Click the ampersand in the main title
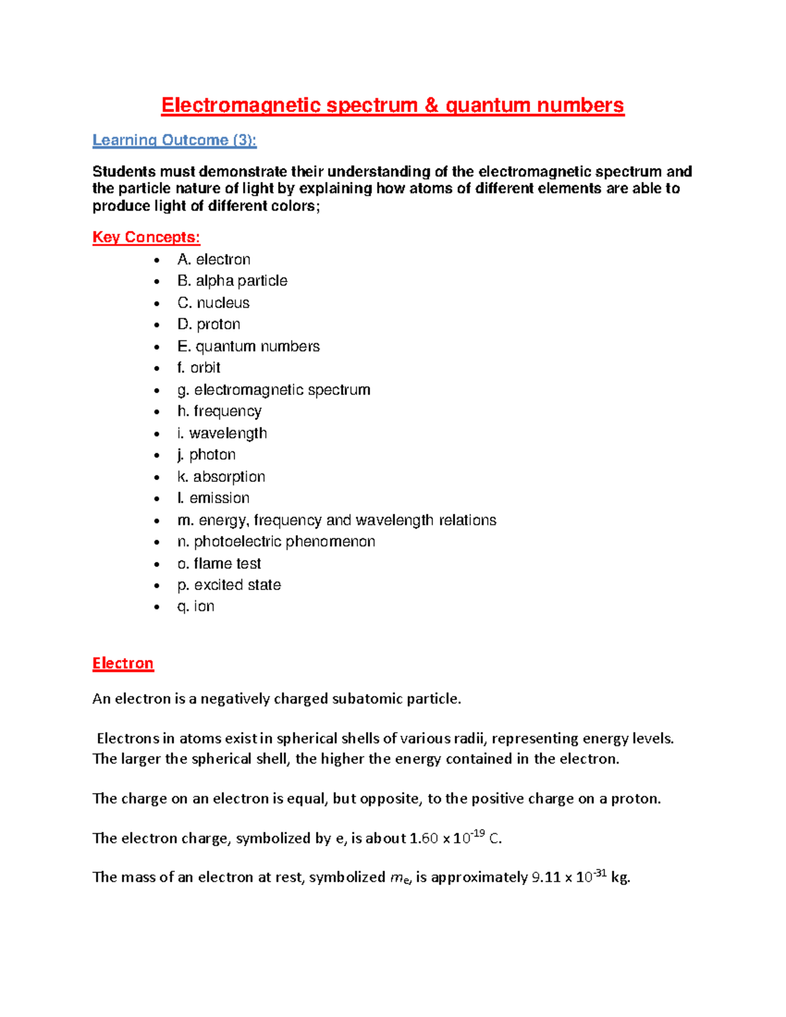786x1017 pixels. coord(431,105)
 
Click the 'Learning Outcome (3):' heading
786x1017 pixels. coord(174,140)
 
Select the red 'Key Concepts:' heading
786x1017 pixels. coord(146,237)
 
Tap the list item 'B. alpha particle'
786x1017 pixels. coord(232,281)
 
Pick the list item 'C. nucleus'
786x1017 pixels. coord(213,303)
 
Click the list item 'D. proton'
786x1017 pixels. coord(208,324)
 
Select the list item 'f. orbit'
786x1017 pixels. coord(198,368)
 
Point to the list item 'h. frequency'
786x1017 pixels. coord(219,411)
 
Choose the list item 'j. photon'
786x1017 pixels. coord(206,454)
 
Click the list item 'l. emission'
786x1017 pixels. coord(213,498)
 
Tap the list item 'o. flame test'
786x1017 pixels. coord(219,564)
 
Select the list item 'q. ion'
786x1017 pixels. coord(195,606)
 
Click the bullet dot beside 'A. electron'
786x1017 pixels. coord(157,260)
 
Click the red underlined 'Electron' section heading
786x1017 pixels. coord(122,663)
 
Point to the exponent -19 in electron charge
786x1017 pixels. coord(478,833)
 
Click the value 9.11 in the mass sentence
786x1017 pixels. coord(545,878)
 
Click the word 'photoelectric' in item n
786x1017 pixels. coord(237,542)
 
